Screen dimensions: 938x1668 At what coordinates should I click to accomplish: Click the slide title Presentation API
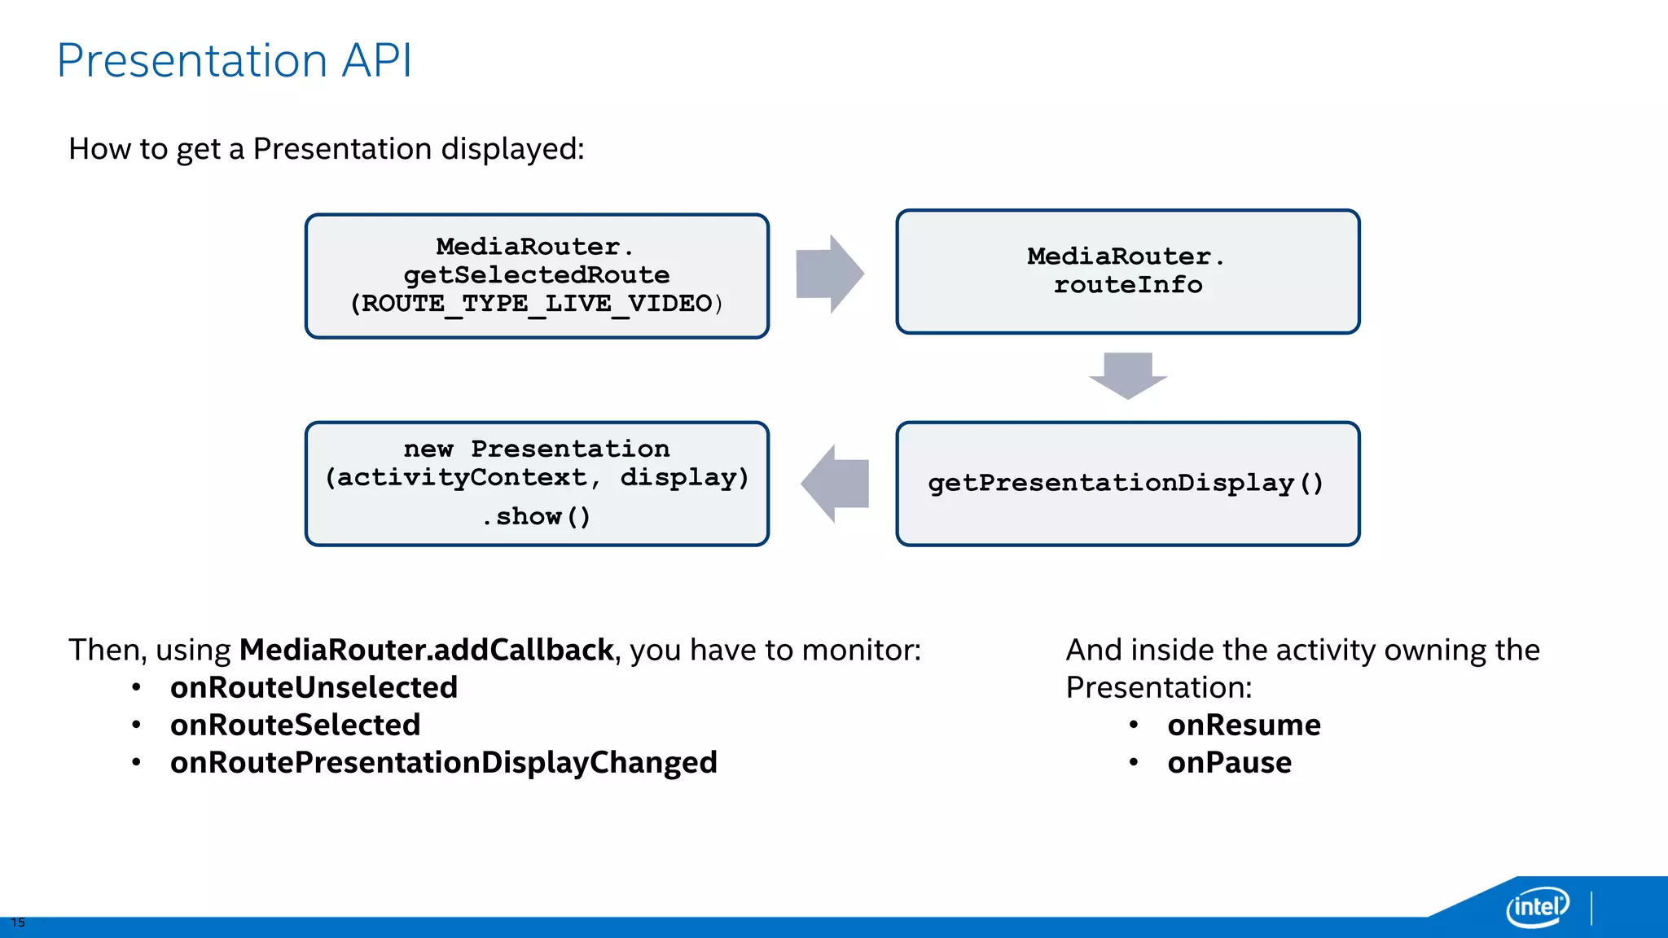(235, 61)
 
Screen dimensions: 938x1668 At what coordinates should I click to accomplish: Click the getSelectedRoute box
(537, 275)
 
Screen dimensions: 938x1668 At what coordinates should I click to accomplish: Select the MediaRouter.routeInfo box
(1127, 271)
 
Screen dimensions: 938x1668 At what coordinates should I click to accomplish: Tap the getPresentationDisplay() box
(1127, 483)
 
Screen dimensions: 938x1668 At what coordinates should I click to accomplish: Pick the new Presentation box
(537, 483)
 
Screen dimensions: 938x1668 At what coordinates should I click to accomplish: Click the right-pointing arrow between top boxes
(829, 274)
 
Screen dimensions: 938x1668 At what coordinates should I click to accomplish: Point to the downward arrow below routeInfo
(1128, 375)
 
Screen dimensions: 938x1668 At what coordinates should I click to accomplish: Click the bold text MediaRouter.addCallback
(426, 650)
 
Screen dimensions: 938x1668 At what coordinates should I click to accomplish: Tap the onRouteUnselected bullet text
(314, 687)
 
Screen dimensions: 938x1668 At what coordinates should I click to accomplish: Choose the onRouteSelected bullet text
(295, 725)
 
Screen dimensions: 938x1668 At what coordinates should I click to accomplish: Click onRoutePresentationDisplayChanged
(443, 762)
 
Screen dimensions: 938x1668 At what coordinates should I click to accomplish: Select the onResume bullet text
(1244, 725)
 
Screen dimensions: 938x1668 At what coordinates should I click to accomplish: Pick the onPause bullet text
(1229, 762)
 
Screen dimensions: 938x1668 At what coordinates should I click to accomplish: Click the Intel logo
(1538, 906)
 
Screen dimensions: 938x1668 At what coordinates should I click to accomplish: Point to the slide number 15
(18, 923)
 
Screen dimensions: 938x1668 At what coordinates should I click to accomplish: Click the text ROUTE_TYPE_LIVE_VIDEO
(537, 304)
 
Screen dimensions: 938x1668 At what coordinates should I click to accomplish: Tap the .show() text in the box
(537, 516)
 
